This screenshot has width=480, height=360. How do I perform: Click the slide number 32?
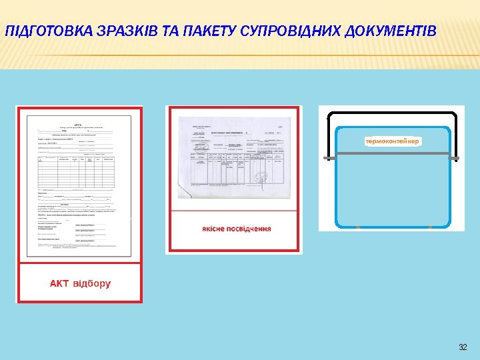pos(463,348)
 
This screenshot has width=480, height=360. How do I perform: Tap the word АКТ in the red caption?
pos(59,283)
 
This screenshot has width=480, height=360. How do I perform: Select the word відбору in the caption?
pos(92,283)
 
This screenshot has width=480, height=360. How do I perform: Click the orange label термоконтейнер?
pos(393,141)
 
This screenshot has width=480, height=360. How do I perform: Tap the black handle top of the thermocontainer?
pos(392,113)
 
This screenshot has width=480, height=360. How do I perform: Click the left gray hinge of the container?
pos(328,157)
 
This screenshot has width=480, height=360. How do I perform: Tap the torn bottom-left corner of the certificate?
pos(183,190)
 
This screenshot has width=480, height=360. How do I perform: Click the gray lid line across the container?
pos(392,155)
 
